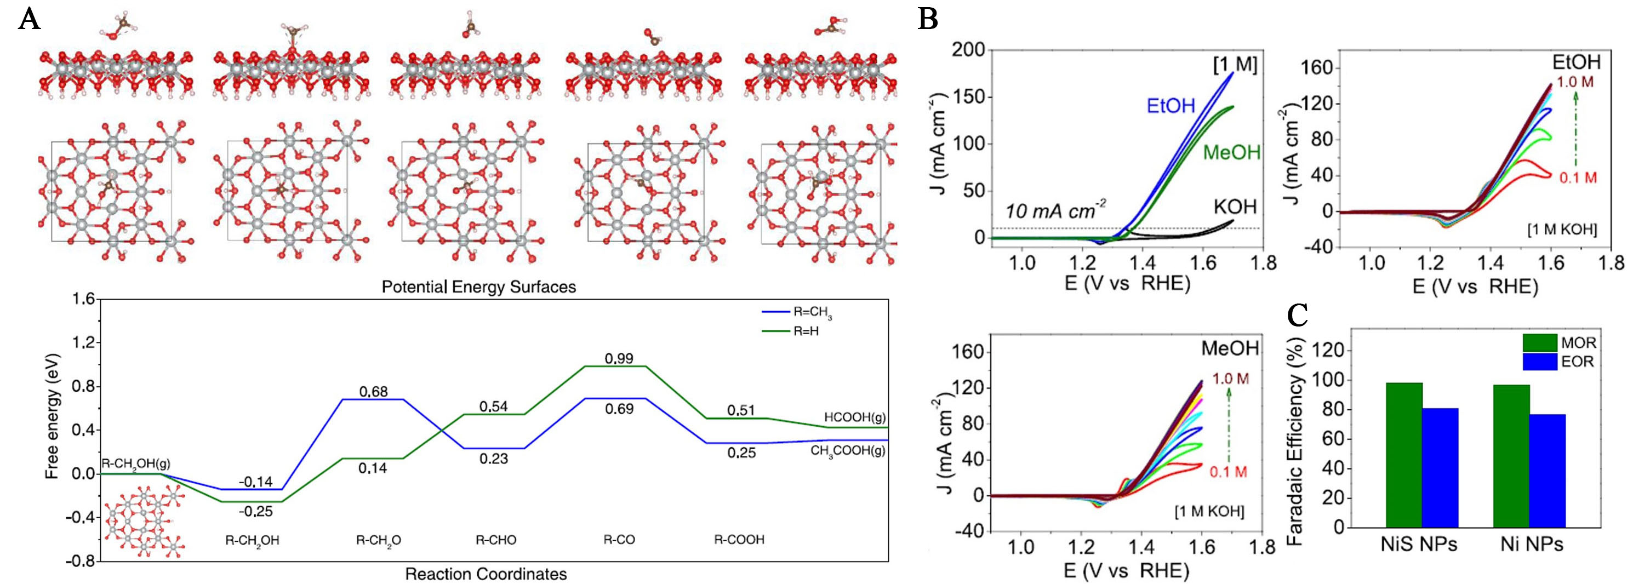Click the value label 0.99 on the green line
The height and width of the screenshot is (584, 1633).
619,359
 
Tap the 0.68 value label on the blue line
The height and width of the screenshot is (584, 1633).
373,392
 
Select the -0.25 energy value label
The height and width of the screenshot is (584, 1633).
255,511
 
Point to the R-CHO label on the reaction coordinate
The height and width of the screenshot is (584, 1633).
496,540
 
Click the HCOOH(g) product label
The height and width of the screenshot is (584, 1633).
854,417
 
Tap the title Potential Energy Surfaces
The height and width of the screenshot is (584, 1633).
478,287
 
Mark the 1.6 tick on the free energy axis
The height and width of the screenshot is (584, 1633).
84,299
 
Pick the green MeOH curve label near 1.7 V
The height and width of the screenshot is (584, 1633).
1232,152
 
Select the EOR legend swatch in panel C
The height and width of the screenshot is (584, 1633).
1540,362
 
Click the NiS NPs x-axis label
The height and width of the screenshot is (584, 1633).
1419,544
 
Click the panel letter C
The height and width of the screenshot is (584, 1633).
1298,315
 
